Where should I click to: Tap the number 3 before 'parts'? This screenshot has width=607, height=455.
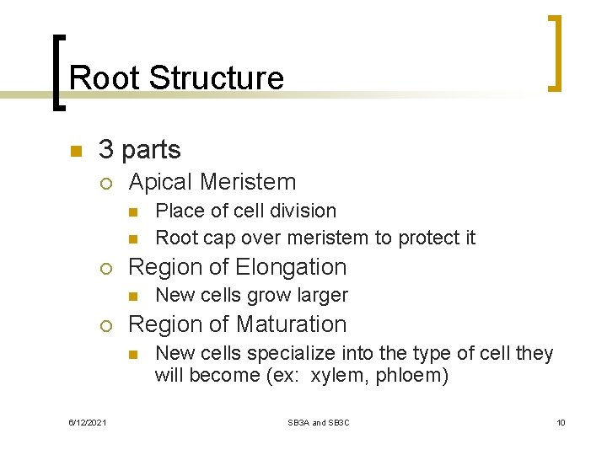(x=105, y=150)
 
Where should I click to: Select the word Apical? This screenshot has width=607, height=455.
(x=159, y=182)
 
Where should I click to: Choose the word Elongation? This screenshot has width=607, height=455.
(x=292, y=267)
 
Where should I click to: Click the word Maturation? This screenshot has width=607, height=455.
(x=292, y=324)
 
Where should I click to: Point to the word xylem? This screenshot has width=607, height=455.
(x=340, y=376)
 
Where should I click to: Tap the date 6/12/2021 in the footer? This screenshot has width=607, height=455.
(x=89, y=422)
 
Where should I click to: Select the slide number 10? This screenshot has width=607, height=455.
(x=560, y=422)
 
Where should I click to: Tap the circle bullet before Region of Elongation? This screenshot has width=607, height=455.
(x=105, y=269)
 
